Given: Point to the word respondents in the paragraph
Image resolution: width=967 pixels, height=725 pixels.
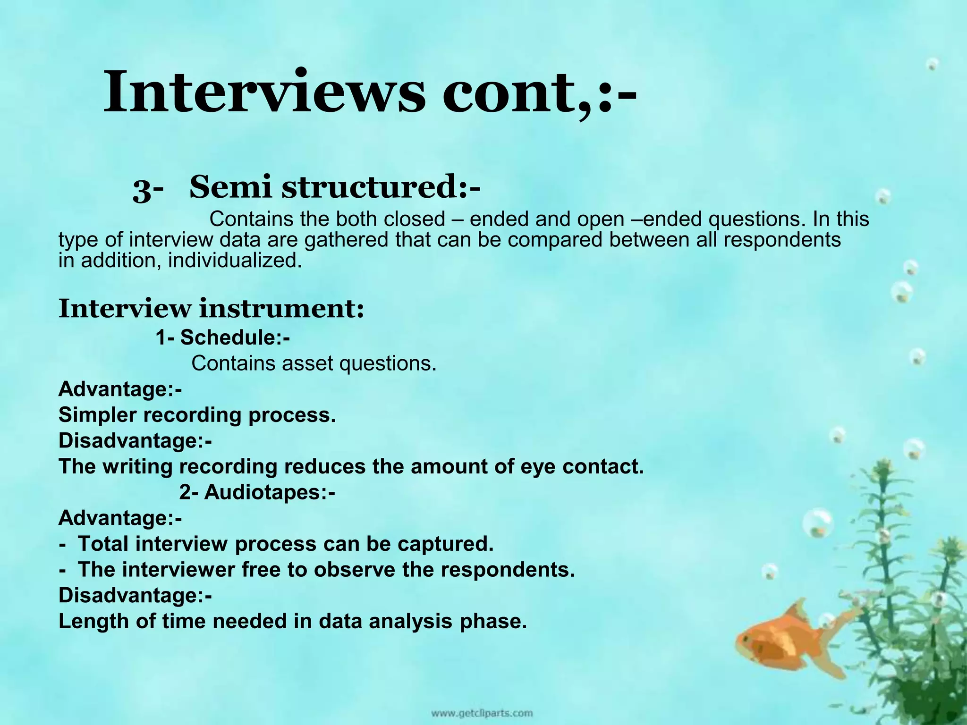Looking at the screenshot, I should coord(782,240).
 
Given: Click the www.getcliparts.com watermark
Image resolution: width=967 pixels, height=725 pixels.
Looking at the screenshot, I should coord(481,713).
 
